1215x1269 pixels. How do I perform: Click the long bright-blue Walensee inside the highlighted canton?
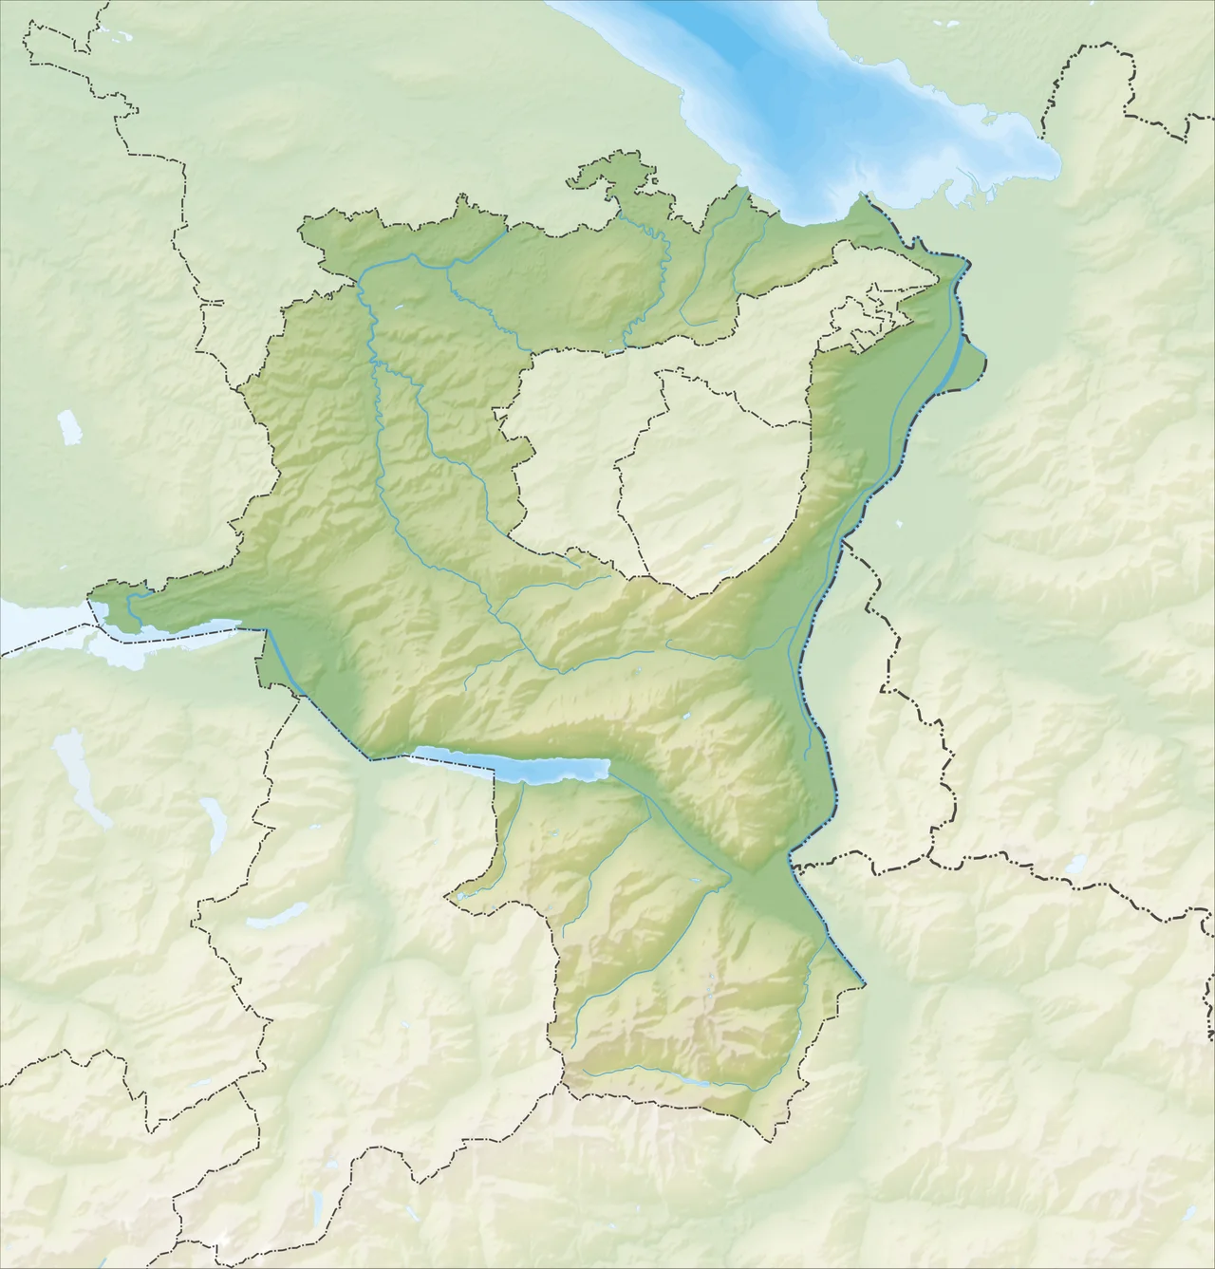coord(513,765)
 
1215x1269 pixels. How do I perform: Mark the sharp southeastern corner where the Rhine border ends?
coord(865,983)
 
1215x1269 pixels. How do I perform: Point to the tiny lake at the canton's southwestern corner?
coord(463,894)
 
